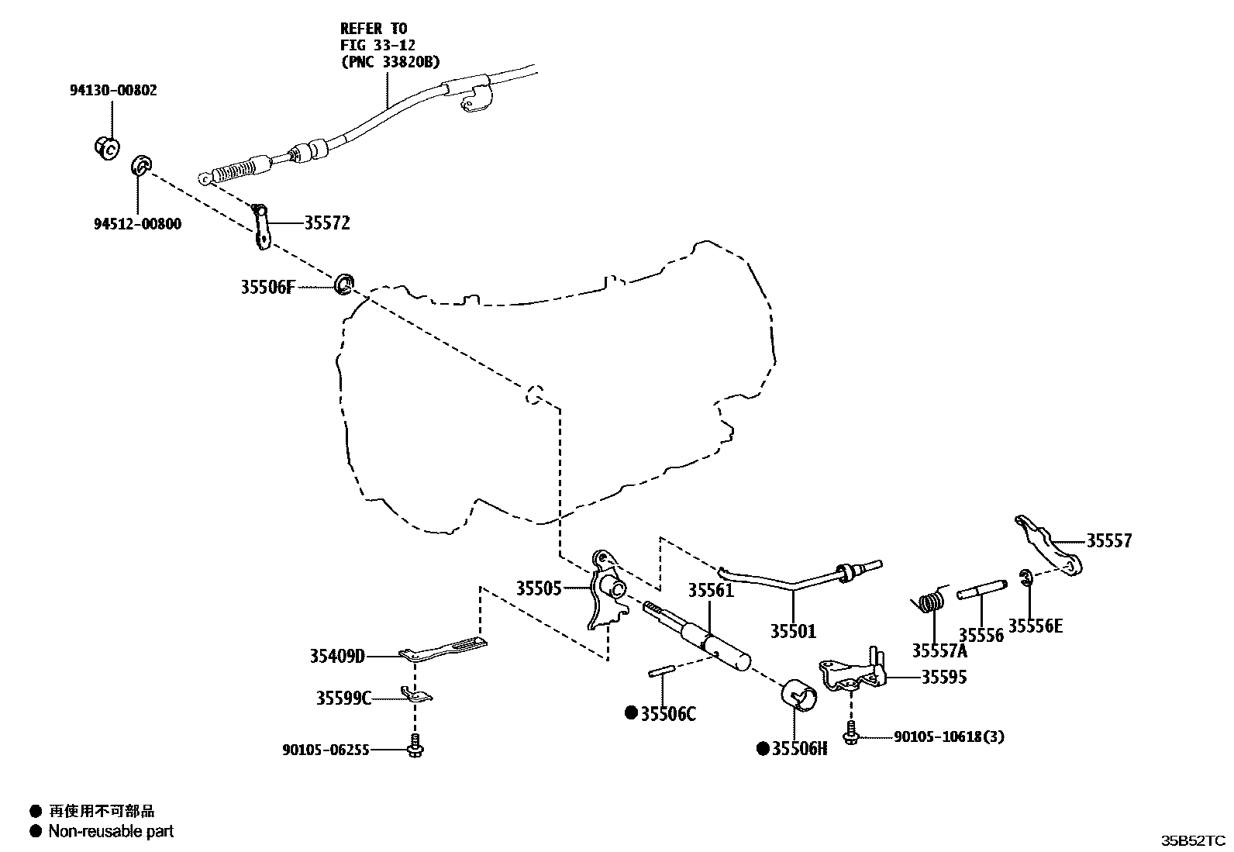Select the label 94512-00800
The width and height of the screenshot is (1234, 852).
click(139, 225)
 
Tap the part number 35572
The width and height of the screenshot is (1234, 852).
click(326, 223)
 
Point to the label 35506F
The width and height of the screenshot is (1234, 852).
click(267, 288)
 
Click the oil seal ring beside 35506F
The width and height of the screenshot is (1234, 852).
click(343, 284)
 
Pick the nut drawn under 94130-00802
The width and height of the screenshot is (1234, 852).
click(106, 146)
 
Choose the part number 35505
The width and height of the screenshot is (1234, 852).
click(539, 588)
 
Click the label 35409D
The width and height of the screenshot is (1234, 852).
click(337, 657)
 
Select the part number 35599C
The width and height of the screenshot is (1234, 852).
click(343, 699)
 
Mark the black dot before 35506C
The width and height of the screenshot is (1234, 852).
click(631, 712)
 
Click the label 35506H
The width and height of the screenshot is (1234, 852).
click(799, 749)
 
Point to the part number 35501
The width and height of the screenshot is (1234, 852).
click(793, 631)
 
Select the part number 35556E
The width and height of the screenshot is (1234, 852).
click(1036, 626)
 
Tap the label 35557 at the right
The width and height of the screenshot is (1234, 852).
click(1108, 541)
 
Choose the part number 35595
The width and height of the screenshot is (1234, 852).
click(943, 677)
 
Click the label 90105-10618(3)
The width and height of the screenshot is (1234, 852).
click(949, 736)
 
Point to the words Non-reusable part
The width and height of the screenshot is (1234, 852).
click(111, 831)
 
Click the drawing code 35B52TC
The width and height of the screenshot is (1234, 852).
click(1192, 840)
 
